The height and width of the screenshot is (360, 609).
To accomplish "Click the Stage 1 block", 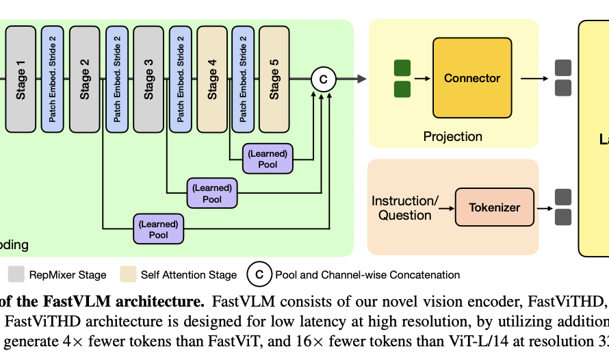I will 21,79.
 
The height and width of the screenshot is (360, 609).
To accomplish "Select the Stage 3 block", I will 148,79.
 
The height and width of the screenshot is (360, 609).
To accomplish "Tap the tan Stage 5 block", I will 274,79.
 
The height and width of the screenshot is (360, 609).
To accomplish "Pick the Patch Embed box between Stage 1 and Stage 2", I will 52,79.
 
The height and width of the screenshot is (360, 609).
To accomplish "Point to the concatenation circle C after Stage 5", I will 323,79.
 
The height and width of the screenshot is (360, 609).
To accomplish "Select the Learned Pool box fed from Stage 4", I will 268,159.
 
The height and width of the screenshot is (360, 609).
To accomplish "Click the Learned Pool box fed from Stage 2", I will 158,229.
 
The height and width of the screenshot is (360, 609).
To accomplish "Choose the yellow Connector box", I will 472,78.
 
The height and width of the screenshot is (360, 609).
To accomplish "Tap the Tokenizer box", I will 494,207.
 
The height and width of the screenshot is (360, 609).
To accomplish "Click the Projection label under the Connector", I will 452,136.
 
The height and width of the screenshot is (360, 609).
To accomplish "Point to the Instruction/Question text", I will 404,207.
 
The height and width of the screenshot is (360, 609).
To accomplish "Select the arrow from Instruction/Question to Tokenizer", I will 446,207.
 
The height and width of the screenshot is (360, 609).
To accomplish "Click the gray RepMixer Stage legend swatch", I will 15,275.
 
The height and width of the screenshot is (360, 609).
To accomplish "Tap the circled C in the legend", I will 259,275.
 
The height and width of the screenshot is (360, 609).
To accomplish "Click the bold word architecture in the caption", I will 166,301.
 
